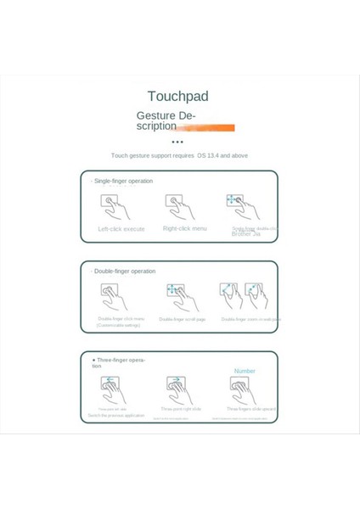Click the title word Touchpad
click(177, 97)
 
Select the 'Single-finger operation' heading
click(123, 181)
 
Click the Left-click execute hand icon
click(115, 207)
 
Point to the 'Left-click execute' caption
click(121, 229)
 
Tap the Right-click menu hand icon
click(180, 207)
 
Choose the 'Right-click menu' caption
click(184, 229)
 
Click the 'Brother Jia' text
click(246, 233)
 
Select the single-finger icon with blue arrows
click(241, 206)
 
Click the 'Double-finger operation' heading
click(124, 271)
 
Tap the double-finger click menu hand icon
click(115, 297)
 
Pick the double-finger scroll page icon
click(181, 297)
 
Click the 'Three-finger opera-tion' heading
click(119, 362)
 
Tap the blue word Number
click(245, 371)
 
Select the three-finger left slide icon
click(114, 389)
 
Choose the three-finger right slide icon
click(179, 389)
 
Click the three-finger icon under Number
click(244, 389)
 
